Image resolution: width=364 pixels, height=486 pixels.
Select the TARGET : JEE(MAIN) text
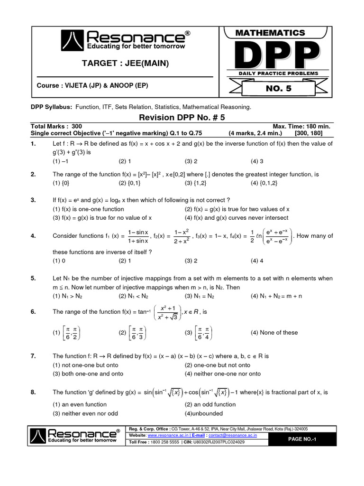pyautogui.click(x=125, y=64)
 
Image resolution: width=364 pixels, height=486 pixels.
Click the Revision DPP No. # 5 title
pyautogui.click(x=182, y=118)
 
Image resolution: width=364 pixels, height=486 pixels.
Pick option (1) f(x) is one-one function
pyautogui.click(x=88, y=209)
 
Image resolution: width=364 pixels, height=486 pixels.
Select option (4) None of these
pyautogui.click(x=274, y=333)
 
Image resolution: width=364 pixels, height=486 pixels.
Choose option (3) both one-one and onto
pyautogui.click(x=86, y=374)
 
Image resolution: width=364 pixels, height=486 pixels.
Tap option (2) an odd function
pyautogui.click(x=210, y=404)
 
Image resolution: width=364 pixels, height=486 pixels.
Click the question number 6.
pyautogui.click(x=33, y=312)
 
